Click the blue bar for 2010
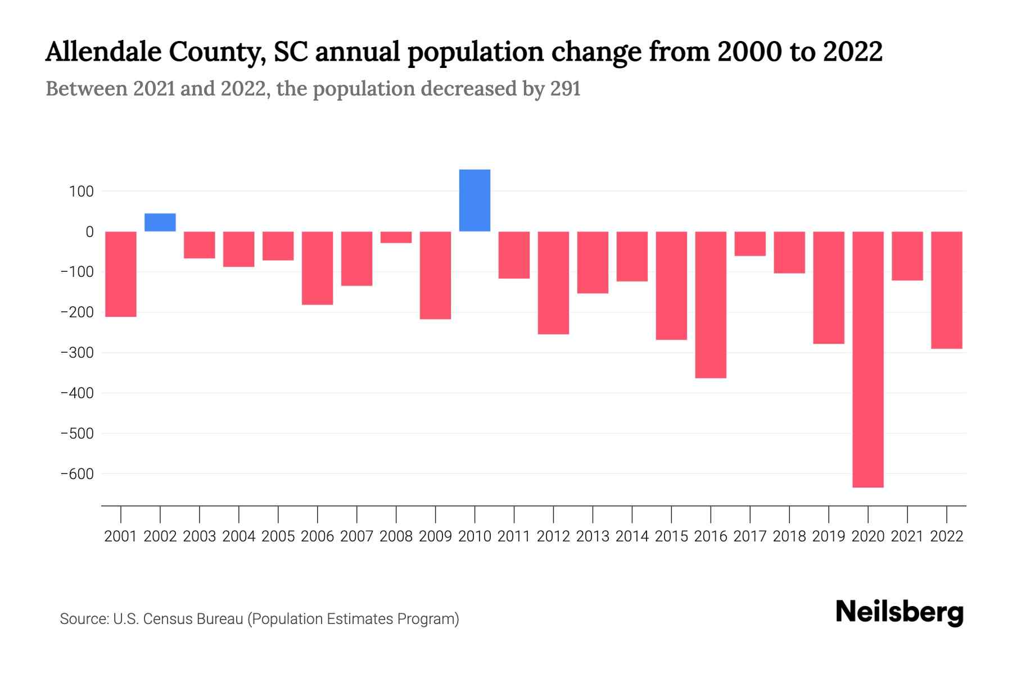click(475, 201)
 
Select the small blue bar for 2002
click(160, 222)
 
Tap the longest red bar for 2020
click(868, 359)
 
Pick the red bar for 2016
click(711, 304)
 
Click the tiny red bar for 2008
click(396, 237)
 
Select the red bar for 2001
click(121, 274)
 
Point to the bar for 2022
click(946, 290)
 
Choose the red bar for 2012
click(553, 283)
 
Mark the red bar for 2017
click(750, 244)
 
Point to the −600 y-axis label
click(77, 474)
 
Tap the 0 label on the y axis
click(89, 231)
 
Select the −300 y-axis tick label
click(77, 353)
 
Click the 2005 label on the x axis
click(278, 536)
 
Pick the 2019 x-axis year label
click(829, 536)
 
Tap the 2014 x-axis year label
click(632, 536)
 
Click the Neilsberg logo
click(900, 612)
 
